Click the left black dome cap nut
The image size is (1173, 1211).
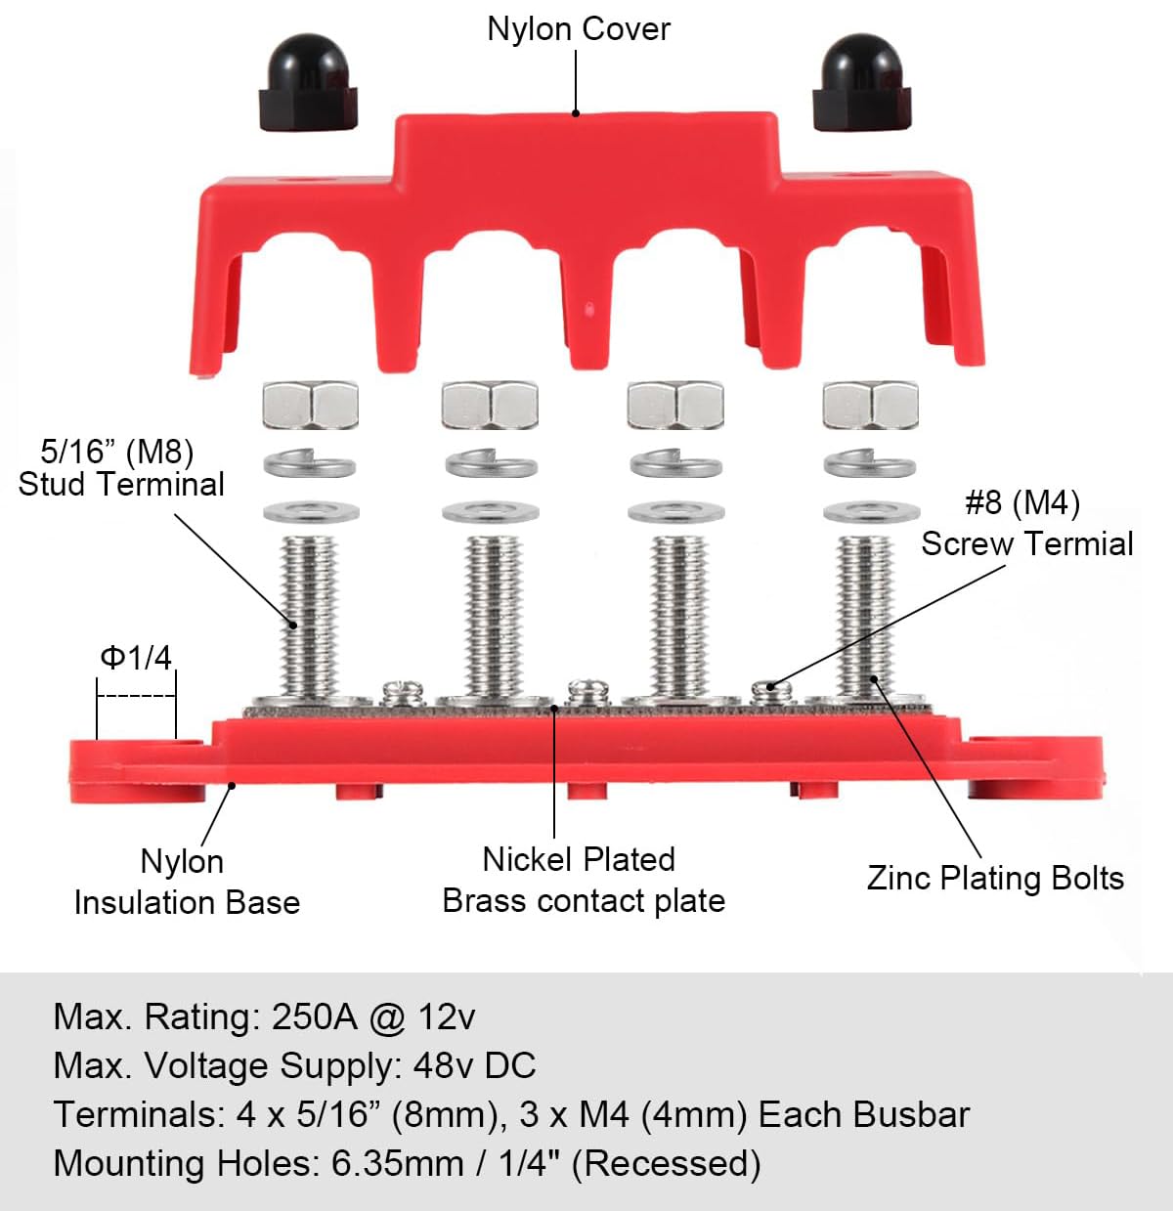[308, 82]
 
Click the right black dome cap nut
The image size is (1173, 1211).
[862, 82]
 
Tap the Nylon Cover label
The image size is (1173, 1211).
[579, 29]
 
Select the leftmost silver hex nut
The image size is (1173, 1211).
[311, 405]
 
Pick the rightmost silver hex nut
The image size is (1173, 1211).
[871, 405]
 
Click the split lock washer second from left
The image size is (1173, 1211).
[492, 464]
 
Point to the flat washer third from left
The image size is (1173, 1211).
[676, 513]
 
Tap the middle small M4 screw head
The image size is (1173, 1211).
[588, 693]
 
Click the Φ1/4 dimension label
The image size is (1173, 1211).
[136, 657]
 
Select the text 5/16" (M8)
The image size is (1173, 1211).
[117, 452]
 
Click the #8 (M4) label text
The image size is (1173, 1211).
[1022, 502]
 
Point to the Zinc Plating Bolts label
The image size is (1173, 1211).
[996, 878]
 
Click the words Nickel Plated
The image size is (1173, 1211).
[579, 859]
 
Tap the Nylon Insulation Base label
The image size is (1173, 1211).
[187, 883]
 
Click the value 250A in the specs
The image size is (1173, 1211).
[314, 1017]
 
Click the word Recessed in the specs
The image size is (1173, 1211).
[666, 1164]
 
